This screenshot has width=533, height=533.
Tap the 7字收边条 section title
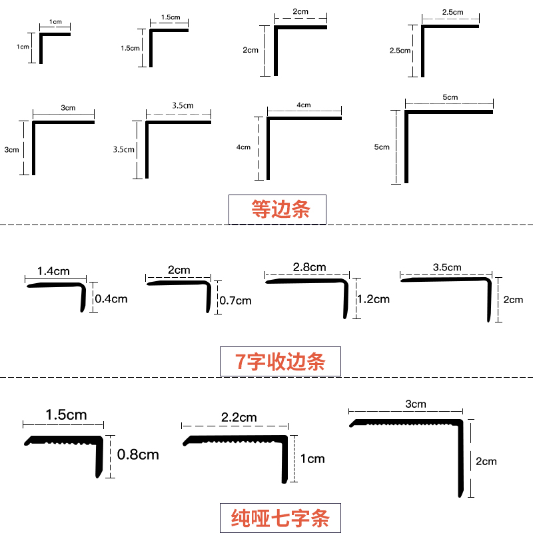pos(280,361)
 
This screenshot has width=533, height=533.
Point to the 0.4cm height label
pos(111,298)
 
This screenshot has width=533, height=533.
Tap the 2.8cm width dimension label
pos(309,267)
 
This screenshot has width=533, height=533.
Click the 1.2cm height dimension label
pos(373,299)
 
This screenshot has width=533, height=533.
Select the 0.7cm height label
pos(235,300)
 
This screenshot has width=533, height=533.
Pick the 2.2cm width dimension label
pos(239,418)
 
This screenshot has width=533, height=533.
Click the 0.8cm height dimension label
pos(138,455)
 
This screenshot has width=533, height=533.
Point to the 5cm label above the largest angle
pos(450,97)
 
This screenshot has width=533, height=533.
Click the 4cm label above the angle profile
pos(304,105)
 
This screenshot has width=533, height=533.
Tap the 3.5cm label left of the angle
pos(124,150)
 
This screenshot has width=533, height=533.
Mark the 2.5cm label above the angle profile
pos(452,13)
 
